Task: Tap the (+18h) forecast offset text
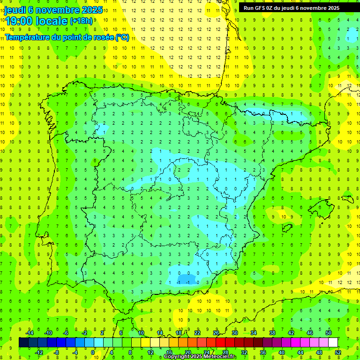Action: (81, 21)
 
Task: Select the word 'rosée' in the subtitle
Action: (102, 37)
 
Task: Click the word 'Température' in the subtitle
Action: (27, 37)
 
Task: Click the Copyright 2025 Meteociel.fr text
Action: (201, 357)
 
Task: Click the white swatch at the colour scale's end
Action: (333, 343)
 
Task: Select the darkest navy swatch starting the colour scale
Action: (23, 343)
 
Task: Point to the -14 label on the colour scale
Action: (29, 333)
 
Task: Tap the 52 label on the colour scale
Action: (338, 352)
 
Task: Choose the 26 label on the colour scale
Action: (216, 333)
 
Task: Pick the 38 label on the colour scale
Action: (272, 333)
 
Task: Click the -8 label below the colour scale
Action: (56, 352)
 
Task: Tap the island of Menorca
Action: (347, 199)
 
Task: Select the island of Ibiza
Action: (287, 228)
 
